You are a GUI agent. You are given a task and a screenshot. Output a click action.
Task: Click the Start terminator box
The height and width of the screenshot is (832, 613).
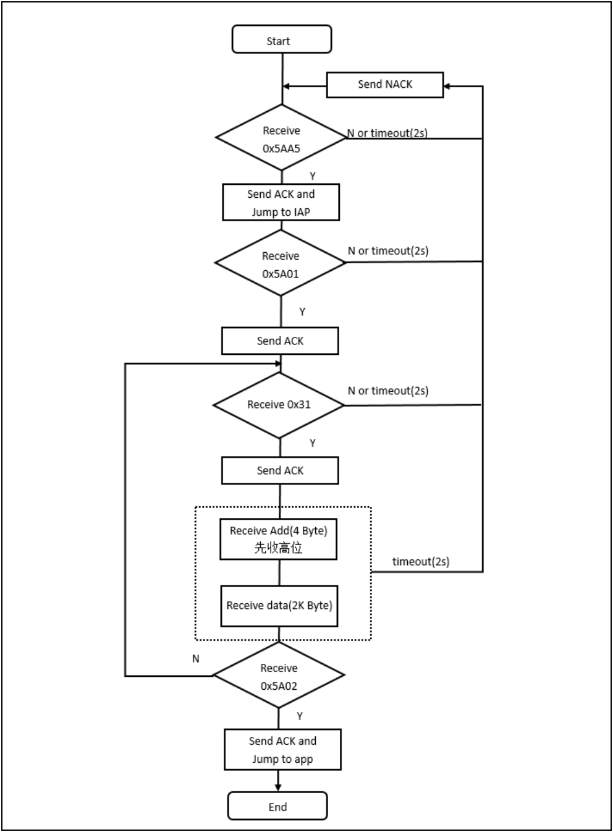tap(281, 40)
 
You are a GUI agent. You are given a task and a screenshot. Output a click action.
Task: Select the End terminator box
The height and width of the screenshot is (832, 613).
tap(277, 806)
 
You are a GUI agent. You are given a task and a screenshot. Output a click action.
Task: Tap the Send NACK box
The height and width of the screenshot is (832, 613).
tap(384, 85)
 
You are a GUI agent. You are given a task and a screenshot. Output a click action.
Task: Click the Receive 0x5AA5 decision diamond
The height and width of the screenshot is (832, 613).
tap(281, 138)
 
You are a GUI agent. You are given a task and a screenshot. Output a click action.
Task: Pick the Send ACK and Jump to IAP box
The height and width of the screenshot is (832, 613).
tap(281, 202)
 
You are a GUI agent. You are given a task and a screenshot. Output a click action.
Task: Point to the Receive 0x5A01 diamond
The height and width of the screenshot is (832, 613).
tap(281, 264)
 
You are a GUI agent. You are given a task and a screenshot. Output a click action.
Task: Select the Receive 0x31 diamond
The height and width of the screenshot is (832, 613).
tap(279, 405)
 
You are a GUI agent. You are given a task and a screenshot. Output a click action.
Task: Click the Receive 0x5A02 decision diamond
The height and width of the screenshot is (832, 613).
tap(279, 676)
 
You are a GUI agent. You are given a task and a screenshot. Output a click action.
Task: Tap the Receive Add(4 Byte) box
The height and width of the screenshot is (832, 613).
tap(279, 538)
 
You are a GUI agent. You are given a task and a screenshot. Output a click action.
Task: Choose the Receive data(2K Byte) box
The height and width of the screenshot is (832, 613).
tap(279, 606)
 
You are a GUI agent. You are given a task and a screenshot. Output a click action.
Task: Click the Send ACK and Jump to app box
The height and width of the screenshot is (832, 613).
tap(282, 750)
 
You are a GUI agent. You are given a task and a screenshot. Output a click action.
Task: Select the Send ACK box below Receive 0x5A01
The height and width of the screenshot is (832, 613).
tap(280, 341)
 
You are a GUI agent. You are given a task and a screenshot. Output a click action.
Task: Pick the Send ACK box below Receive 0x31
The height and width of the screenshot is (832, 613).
tap(280, 470)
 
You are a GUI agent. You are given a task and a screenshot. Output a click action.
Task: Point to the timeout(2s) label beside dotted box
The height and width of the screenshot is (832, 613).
tap(421, 561)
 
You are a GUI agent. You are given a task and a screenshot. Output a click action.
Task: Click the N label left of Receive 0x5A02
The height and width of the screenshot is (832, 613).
tap(196, 659)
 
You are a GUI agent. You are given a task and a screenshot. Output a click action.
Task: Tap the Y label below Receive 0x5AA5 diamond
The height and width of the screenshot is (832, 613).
tap(313, 176)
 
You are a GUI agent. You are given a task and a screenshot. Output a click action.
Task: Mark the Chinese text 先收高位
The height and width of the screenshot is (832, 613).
tap(279, 548)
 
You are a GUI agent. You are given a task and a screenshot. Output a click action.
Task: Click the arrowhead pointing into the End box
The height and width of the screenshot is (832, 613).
tap(278, 787)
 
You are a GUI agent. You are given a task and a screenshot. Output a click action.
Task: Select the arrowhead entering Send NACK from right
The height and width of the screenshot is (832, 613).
tap(448, 86)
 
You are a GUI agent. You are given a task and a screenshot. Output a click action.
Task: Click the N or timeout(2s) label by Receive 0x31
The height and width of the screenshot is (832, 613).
tap(388, 391)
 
